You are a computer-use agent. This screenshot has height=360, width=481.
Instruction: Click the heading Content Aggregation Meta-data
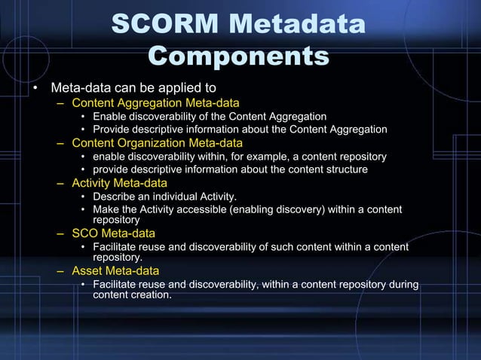coord(155,102)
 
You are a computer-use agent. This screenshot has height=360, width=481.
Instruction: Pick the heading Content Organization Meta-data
coord(157,142)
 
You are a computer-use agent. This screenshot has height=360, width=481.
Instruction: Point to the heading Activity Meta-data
coord(119,183)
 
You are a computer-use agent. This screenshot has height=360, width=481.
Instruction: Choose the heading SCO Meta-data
coord(113,233)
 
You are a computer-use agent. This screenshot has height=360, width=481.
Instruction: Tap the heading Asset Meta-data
coord(115,270)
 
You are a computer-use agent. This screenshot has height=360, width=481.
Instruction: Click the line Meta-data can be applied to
coord(133,87)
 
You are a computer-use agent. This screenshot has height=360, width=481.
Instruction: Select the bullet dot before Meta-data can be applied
coord(35,87)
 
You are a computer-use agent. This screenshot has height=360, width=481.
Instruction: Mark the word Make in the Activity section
coord(104,209)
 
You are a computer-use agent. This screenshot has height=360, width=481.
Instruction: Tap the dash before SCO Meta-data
coord(60,233)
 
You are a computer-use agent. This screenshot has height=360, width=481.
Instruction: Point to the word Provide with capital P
coord(112,130)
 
